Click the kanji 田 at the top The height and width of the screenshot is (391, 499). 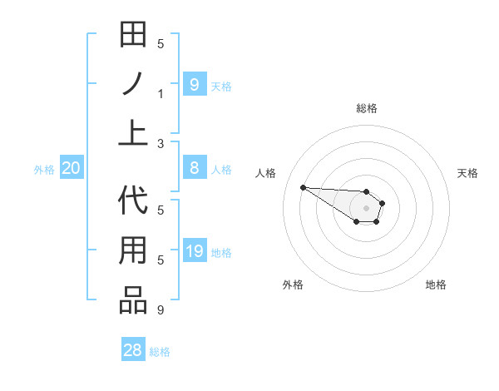(133, 37)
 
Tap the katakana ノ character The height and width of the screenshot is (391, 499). (133, 85)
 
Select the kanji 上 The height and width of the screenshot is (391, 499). (133, 133)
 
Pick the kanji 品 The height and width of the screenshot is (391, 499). (133, 300)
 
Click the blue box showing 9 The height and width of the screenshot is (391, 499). (194, 84)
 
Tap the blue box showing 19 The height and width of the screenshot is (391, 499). (194, 251)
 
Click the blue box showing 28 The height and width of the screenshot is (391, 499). (133, 350)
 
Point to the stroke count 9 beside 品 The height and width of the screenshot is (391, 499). (161, 310)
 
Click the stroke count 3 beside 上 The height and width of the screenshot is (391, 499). (161, 143)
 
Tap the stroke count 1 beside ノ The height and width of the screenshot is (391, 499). (161, 94)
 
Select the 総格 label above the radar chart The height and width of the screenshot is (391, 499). (367, 108)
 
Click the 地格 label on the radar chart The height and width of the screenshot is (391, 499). (436, 285)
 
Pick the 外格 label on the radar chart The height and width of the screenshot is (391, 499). (293, 285)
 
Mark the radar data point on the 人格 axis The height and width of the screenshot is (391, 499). (303, 187)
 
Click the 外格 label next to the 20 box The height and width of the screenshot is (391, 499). (44, 170)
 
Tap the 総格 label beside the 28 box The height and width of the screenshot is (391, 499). (160, 352)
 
